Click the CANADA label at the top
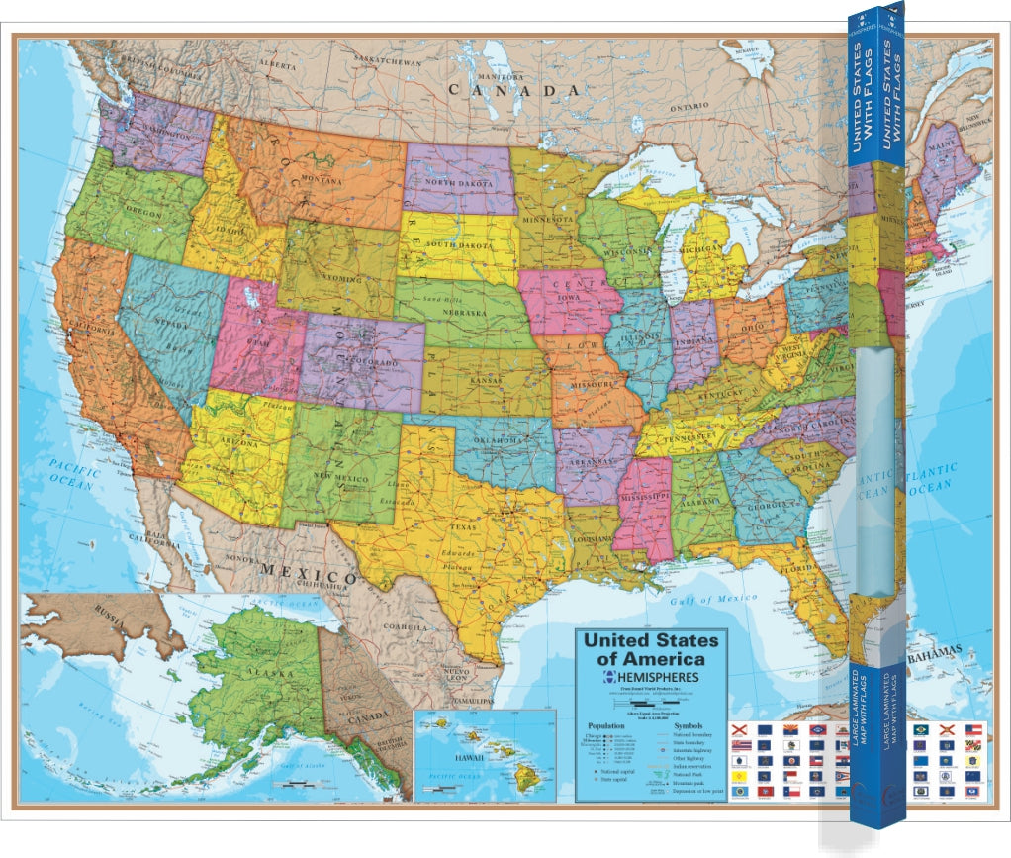pos(513,90)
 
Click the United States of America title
pos(651,649)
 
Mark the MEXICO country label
pos(308,575)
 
